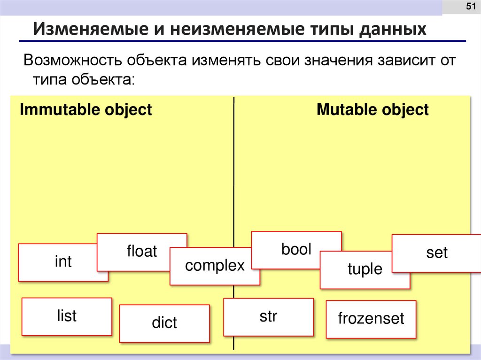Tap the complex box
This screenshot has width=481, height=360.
click(215, 266)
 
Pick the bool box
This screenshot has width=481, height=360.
click(296, 249)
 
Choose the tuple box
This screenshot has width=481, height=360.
click(365, 269)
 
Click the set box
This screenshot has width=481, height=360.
click(437, 253)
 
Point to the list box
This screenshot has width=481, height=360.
click(67, 316)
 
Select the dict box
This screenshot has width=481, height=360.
click(164, 323)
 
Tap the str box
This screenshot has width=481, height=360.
click(268, 317)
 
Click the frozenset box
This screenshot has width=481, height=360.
click(371, 319)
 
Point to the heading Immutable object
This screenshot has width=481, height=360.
click(85, 110)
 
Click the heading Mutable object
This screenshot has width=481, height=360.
click(372, 110)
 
